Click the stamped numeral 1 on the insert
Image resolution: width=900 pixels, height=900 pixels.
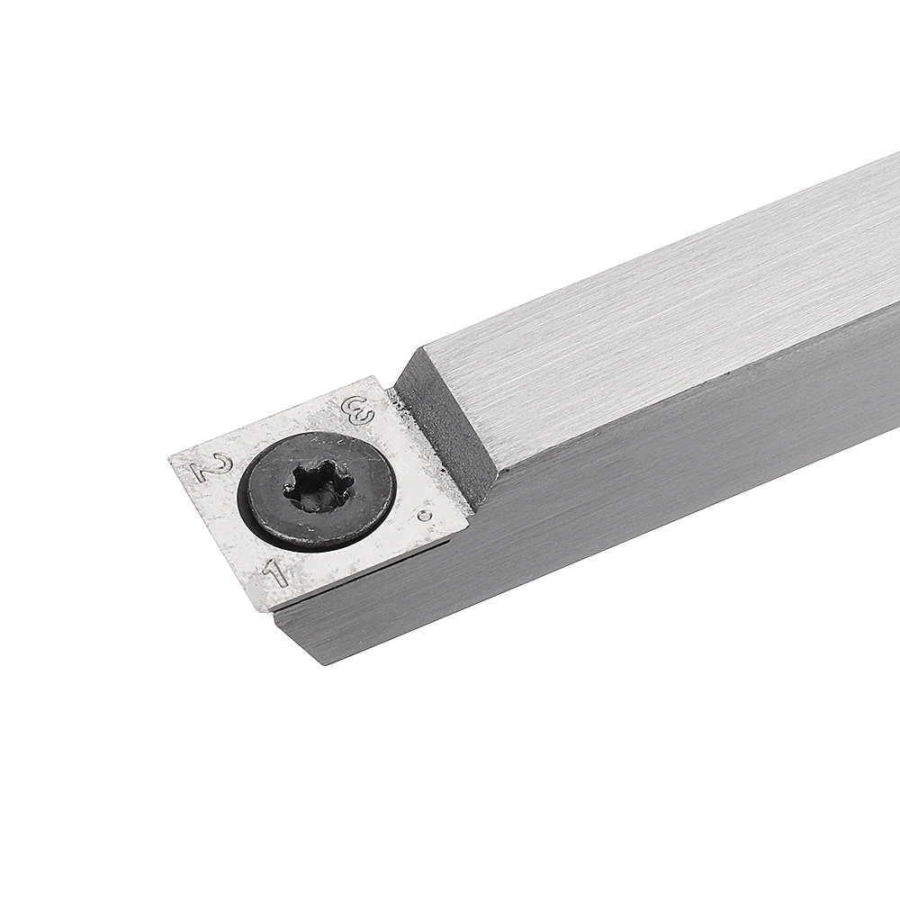275,573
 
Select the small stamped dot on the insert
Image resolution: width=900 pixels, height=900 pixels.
424,515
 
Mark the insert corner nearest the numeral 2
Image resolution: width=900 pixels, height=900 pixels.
172,458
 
